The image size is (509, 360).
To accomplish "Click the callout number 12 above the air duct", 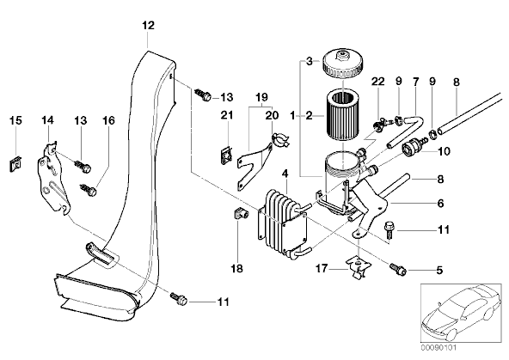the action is [x=148, y=25].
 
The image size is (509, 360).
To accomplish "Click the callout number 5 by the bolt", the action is [x=439, y=270].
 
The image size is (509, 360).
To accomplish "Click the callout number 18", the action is [x=237, y=269].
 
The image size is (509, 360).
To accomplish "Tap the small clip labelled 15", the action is [x=15, y=164].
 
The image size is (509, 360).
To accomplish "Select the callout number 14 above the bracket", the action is [x=47, y=120].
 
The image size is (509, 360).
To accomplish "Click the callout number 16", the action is [x=108, y=120].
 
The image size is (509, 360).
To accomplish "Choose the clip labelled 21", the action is [x=227, y=156].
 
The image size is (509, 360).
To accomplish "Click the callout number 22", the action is [x=377, y=82].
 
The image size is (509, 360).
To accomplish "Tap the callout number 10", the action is [x=444, y=151].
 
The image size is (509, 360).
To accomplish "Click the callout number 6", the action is [x=440, y=204].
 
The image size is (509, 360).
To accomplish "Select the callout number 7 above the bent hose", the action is [x=416, y=81].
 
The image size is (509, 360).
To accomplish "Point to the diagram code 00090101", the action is [x=438, y=348].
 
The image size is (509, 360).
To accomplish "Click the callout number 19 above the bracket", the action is [x=261, y=96].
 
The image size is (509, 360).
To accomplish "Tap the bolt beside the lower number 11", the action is [x=178, y=299].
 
